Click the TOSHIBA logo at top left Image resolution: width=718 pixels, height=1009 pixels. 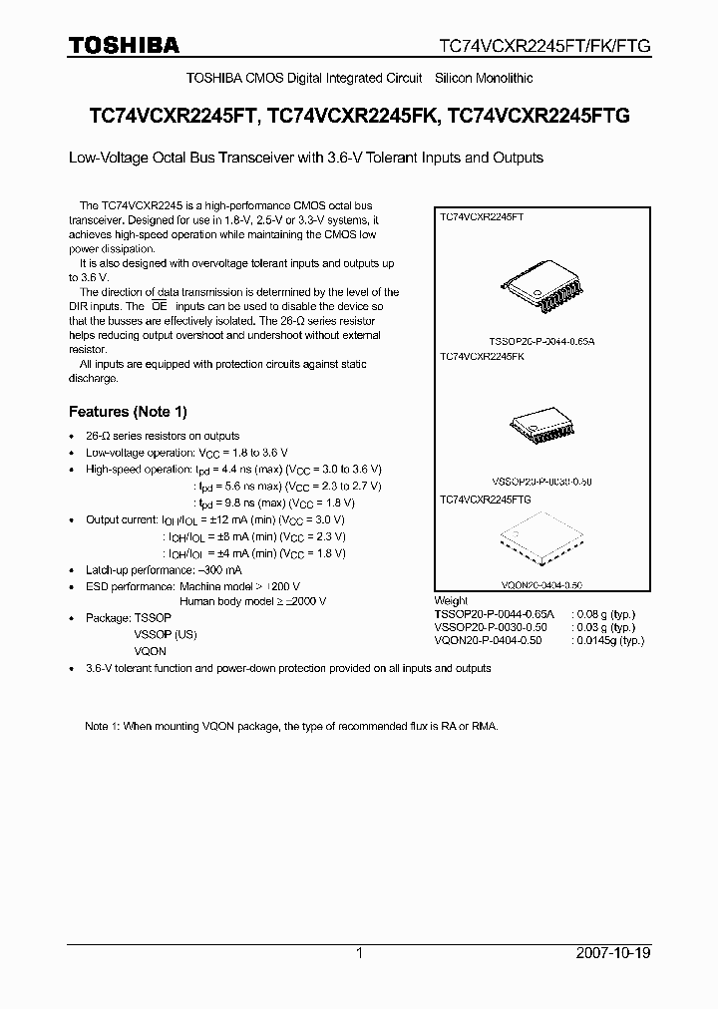pyautogui.click(x=124, y=45)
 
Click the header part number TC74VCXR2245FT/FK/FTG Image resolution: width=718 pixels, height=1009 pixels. pyautogui.click(x=544, y=46)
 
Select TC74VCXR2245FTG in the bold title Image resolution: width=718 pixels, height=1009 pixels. pyautogui.click(x=539, y=116)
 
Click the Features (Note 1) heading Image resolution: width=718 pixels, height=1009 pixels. pyautogui.click(x=128, y=411)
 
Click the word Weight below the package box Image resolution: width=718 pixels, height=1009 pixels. pyautogui.click(x=451, y=601)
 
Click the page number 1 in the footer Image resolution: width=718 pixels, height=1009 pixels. pyautogui.click(x=359, y=953)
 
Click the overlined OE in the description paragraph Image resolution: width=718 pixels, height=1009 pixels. pyautogui.click(x=160, y=306)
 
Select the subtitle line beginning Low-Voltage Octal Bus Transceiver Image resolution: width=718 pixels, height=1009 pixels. pyautogui.click(x=305, y=158)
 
